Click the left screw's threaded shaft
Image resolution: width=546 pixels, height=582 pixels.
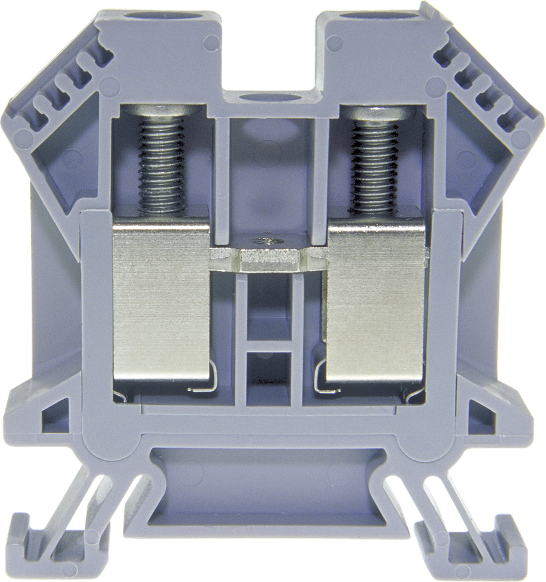[161, 162]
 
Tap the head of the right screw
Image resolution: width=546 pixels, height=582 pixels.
[373, 114]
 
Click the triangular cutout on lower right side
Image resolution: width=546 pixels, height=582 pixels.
[481, 414]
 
